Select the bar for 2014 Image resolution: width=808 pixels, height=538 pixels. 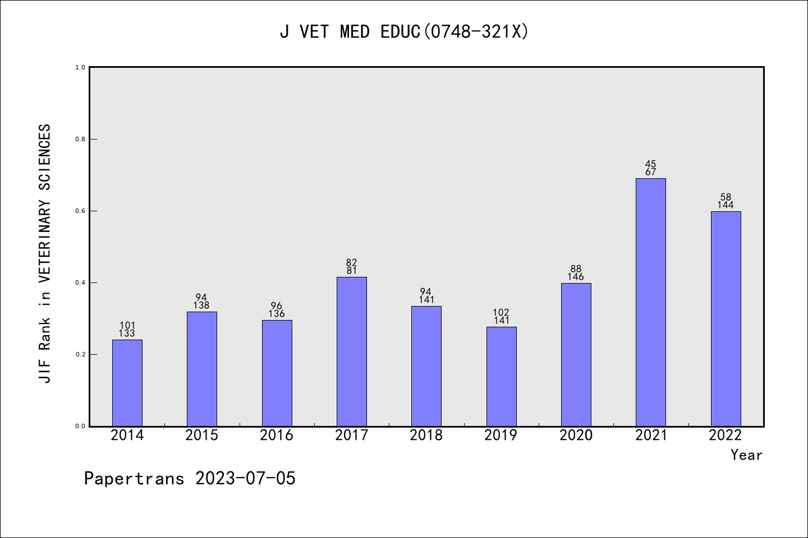tap(127, 383)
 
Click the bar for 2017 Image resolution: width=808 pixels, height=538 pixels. tap(352, 351)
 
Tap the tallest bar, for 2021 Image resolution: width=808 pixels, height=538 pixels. tap(651, 302)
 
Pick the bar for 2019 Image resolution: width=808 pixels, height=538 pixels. tap(502, 376)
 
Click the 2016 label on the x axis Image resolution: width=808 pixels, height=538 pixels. tap(277, 435)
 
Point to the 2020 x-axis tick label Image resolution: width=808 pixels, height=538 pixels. tap(576, 435)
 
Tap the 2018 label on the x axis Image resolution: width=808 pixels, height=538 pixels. tap(426, 435)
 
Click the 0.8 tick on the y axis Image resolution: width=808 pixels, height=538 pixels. tap(80, 139)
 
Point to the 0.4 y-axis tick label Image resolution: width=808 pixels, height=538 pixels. tap(80, 282)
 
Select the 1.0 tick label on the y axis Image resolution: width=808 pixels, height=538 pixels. tap(80, 67)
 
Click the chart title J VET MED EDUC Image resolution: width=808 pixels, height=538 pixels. tap(404, 32)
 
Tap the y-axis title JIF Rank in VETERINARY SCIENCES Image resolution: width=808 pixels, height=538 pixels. tap(45, 253)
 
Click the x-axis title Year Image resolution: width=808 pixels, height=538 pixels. tap(746, 455)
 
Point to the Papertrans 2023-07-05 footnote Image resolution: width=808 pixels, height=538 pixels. tap(190, 479)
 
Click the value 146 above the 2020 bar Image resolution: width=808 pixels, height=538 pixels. tap(576, 277)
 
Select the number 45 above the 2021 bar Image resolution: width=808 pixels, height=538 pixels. tap(651, 164)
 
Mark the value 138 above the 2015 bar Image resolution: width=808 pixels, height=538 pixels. tap(201, 305)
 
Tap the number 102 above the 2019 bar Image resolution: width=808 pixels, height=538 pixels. tap(501, 313)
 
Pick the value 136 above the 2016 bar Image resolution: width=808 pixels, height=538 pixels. tap(277, 314)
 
